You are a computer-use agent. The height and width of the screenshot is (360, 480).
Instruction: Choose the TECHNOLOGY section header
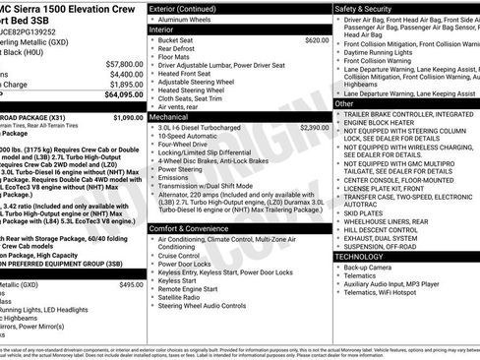tap(361, 256)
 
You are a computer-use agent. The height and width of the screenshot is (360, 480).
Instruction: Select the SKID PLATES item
tap(363, 211)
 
